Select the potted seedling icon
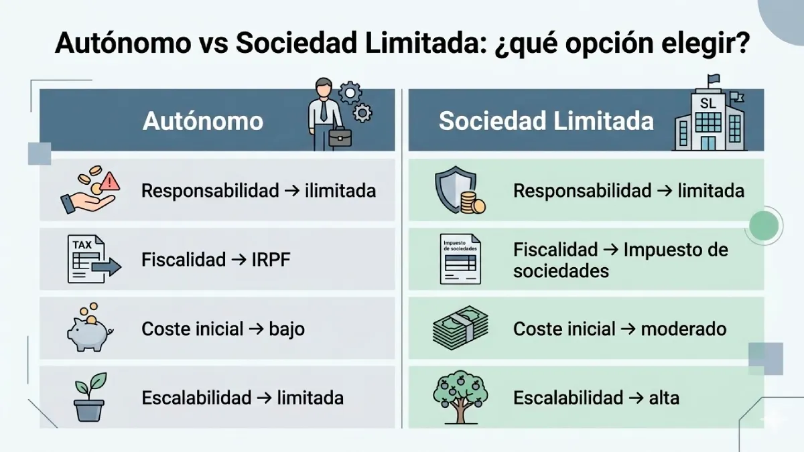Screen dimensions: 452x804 90,397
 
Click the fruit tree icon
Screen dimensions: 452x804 460,398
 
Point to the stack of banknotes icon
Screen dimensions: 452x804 460,328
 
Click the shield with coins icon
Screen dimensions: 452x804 460,191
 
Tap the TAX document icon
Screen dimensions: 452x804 92,258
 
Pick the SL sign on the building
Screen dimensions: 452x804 708,103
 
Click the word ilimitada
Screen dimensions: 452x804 340,191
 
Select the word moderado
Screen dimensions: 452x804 683,329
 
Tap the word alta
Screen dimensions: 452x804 664,398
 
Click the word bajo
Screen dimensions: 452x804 287,329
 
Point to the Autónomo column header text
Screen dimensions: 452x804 203,121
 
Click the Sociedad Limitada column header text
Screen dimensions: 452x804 546,121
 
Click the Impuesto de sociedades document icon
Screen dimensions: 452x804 460,258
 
